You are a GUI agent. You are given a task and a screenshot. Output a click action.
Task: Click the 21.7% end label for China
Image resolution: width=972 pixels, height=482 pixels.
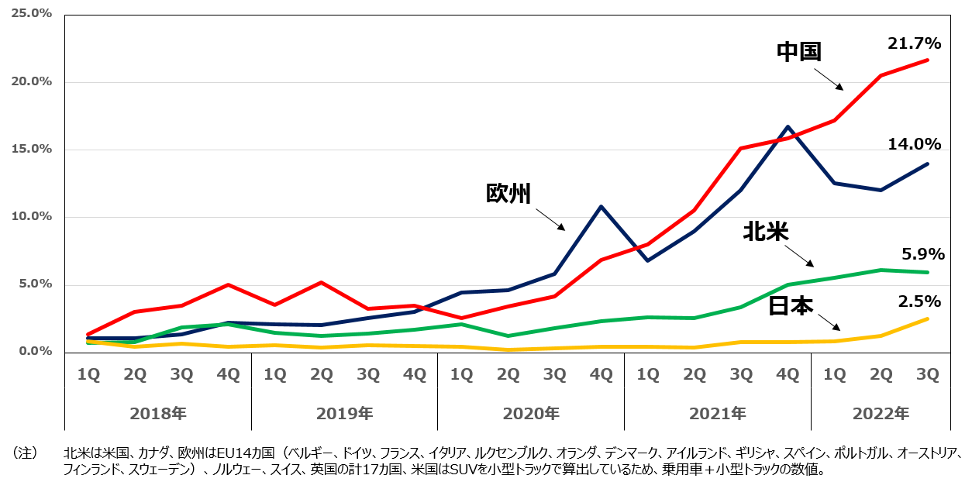click(x=914, y=43)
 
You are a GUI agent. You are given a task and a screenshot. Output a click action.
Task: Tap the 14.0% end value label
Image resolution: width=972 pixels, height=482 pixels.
click(x=914, y=144)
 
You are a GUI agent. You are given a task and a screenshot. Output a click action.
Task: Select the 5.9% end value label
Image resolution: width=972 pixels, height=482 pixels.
click(x=923, y=254)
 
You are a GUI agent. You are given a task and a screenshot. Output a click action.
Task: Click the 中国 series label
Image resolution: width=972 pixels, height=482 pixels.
click(x=799, y=52)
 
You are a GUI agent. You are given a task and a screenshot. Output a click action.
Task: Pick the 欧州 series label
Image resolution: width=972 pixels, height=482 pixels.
click(x=508, y=193)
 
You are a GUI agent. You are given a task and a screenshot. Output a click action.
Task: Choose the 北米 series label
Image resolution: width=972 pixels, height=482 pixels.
click(x=765, y=232)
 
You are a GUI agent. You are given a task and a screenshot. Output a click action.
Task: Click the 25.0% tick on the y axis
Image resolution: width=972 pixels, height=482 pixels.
click(x=30, y=14)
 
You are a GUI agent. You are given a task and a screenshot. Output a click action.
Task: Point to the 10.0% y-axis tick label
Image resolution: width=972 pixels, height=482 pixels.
click(x=30, y=216)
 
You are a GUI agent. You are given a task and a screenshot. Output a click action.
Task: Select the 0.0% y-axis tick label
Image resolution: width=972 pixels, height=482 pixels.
click(x=33, y=351)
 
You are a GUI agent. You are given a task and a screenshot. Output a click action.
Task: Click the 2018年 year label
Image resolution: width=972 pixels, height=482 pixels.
click(x=158, y=414)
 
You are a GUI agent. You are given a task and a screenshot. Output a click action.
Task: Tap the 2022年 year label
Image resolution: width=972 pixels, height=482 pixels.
click(x=881, y=414)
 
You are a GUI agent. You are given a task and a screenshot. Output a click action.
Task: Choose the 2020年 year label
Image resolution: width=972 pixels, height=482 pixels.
click(x=531, y=414)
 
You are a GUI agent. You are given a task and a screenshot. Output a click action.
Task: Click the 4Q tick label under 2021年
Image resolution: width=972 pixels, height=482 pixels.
click(x=788, y=374)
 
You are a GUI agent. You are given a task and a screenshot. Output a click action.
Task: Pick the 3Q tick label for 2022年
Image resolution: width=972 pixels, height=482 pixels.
click(x=927, y=374)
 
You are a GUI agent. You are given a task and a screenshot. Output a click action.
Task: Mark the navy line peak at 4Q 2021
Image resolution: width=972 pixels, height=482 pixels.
click(x=788, y=126)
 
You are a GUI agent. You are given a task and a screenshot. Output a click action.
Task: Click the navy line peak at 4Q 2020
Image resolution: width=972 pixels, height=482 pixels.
click(x=601, y=206)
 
